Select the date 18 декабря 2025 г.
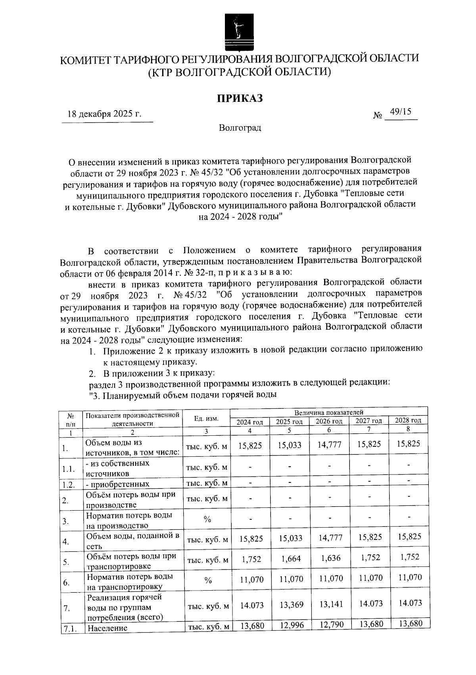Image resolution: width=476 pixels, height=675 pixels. click(x=105, y=114)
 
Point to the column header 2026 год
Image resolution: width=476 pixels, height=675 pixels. click(x=329, y=421)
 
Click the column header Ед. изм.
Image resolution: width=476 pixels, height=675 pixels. click(x=206, y=419)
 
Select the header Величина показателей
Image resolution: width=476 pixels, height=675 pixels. click(x=328, y=412)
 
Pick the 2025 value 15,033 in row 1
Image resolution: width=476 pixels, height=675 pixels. click(x=290, y=445)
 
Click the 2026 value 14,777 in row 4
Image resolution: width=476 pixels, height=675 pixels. click(x=329, y=538)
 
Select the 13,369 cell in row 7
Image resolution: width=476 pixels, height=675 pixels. click(x=291, y=604)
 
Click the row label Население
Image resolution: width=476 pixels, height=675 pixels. click(x=107, y=628)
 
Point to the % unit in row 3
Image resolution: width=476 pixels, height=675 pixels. click(x=207, y=519)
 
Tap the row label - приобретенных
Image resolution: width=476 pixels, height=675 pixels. click(x=118, y=484)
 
